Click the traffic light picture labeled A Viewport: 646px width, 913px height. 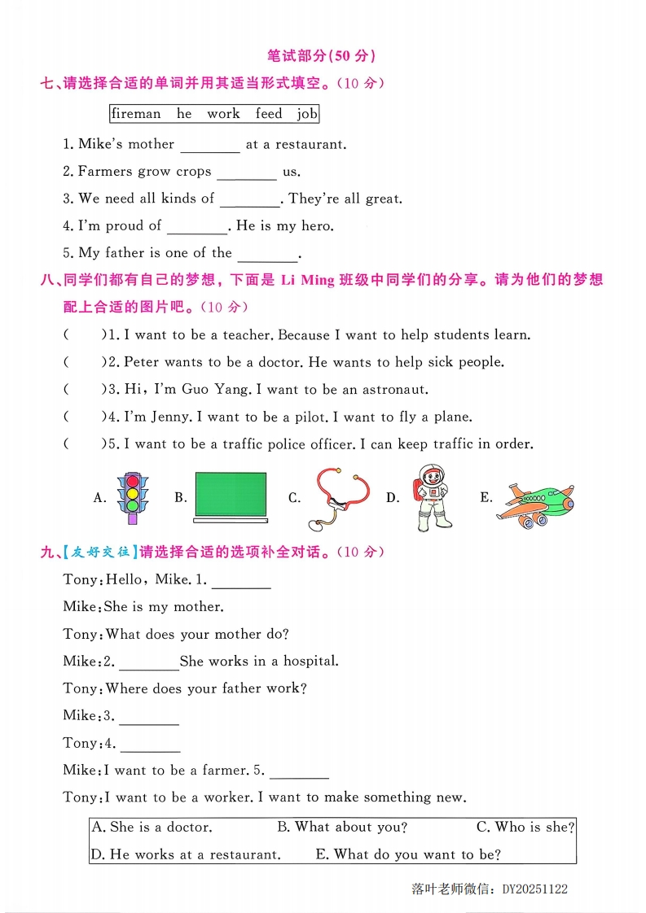pyautogui.click(x=132, y=494)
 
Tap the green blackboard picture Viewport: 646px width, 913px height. pyautogui.click(x=231, y=496)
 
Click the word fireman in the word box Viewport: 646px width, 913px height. pyautogui.click(x=136, y=114)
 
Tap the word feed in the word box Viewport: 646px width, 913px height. pyautogui.click(x=269, y=114)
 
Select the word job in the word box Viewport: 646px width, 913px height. pyautogui.click(x=307, y=114)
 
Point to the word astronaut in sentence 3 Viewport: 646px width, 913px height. pyautogui.click(x=395, y=389)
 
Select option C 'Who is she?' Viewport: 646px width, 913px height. pyautogui.click(x=525, y=828)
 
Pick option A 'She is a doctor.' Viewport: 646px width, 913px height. pyautogui.click(x=152, y=828)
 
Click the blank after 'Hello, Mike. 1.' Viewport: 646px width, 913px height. pyautogui.click(x=241, y=582)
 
